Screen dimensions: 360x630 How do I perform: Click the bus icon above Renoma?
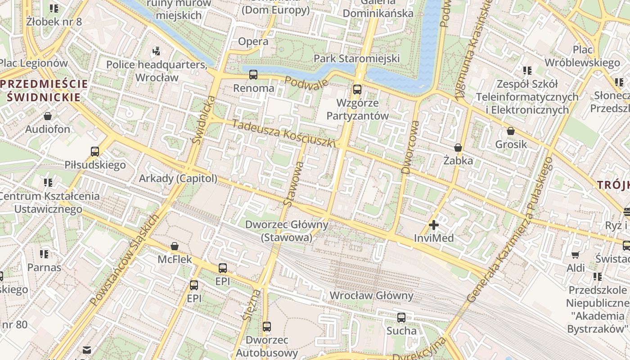point(253,75)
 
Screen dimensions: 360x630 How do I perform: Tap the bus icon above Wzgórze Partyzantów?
point(357,89)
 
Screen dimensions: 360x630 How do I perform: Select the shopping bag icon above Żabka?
point(458,148)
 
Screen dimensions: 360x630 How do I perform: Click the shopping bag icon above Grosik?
point(511,131)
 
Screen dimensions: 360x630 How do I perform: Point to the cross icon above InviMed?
point(434,225)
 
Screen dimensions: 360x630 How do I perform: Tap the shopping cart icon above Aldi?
point(576,255)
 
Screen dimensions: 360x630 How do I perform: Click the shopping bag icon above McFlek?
point(175,247)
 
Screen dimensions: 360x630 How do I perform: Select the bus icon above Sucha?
point(401,318)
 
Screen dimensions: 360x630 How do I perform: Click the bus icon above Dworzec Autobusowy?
point(267,327)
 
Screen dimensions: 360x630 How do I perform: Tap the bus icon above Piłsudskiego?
point(95,152)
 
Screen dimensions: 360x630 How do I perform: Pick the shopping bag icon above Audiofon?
point(48,117)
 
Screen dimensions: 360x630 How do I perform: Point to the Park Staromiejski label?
point(356,58)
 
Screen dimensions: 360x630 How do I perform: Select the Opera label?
point(253,41)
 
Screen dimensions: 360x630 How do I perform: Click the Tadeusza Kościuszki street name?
point(284,133)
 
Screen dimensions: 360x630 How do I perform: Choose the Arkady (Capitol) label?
point(178,179)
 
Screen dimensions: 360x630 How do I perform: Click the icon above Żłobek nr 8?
point(54,8)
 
